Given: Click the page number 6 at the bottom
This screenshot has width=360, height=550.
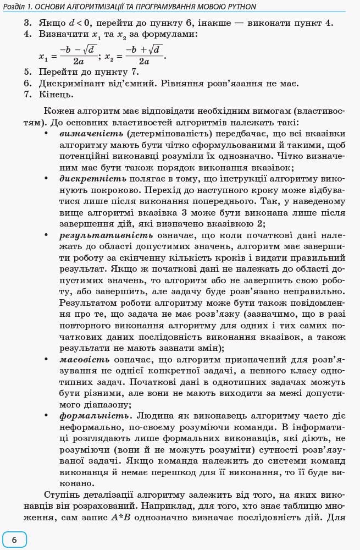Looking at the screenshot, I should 14,540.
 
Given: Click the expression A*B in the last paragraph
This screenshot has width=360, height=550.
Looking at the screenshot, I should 120,517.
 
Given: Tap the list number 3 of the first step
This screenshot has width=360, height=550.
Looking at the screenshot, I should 27,23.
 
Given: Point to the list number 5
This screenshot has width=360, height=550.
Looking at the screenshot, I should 27,71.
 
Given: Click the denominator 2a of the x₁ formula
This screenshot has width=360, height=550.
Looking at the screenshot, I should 79,62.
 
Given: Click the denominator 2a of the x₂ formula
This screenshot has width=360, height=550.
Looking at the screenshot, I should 144,62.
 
